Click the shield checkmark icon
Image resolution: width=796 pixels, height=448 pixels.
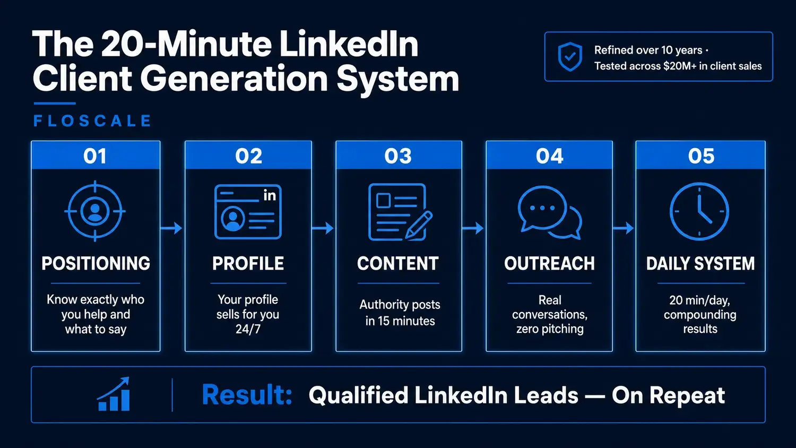(x=570, y=57)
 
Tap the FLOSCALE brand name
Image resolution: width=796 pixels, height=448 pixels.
(x=92, y=121)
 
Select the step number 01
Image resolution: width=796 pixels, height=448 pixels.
(x=95, y=156)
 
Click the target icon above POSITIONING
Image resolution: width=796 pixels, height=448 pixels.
(x=95, y=211)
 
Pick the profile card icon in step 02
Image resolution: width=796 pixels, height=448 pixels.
(x=248, y=212)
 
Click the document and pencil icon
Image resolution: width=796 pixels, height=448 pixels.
(x=400, y=212)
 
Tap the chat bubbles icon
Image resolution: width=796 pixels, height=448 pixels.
(x=549, y=213)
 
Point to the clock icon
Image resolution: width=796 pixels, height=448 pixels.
(x=699, y=211)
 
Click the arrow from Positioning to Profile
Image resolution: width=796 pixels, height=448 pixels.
(x=171, y=228)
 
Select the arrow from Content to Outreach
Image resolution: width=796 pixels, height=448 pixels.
(x=473, y=228)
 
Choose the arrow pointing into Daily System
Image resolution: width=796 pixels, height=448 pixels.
(x=624, y=228)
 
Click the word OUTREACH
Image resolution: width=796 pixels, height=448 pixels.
(x=549, y=263)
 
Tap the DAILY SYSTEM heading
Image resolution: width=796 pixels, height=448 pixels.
(x=700, y=263)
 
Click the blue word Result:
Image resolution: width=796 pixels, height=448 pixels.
(x=247, y=395)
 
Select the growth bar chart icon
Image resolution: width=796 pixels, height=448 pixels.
(x=114, y=394)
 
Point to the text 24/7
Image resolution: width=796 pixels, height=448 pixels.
(x=248, y=329)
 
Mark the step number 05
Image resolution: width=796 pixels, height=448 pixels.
(x=701, y=156)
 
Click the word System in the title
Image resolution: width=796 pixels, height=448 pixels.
(x=397, y=79)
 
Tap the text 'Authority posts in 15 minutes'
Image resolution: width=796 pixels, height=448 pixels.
(x=400, y=313)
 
